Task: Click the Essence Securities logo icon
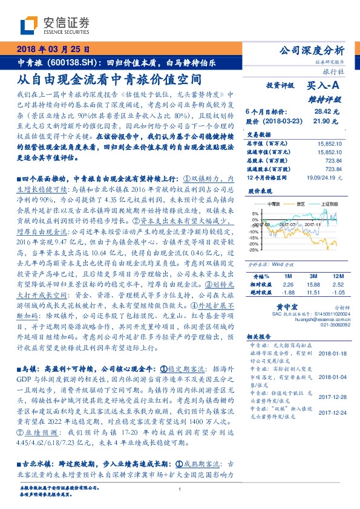tap(30, 25)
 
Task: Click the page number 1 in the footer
tap(180, 498)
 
